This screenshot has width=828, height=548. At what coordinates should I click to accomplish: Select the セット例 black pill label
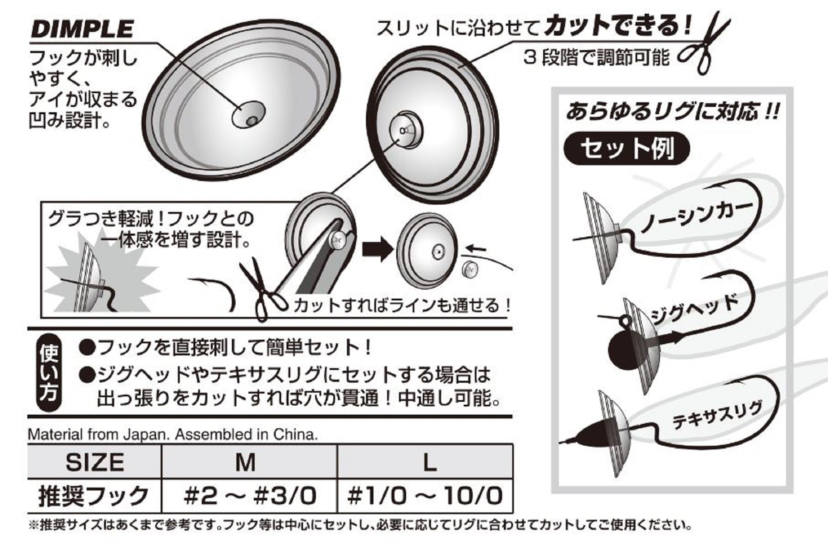(x=626, y=148)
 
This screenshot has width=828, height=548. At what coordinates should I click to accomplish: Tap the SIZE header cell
(x=94, y=461)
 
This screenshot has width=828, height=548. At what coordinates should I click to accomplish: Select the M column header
(x=246, y=462)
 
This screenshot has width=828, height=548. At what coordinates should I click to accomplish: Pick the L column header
(x=430, y=462)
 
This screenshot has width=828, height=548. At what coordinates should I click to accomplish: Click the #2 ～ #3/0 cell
(x=250, y=496)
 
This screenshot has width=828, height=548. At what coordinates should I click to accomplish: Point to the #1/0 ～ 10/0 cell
(x=426, y=496)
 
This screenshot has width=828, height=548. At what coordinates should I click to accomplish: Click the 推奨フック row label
(x=94, y=496)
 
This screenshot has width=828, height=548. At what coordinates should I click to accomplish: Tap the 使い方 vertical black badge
(x=49, y=372)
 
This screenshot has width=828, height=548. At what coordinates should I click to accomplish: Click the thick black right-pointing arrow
(x=377, y=249)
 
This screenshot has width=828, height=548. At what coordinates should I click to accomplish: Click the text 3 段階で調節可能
(x=596, y=58)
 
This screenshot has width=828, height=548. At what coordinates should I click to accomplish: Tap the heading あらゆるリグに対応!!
(x=673, y=111)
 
